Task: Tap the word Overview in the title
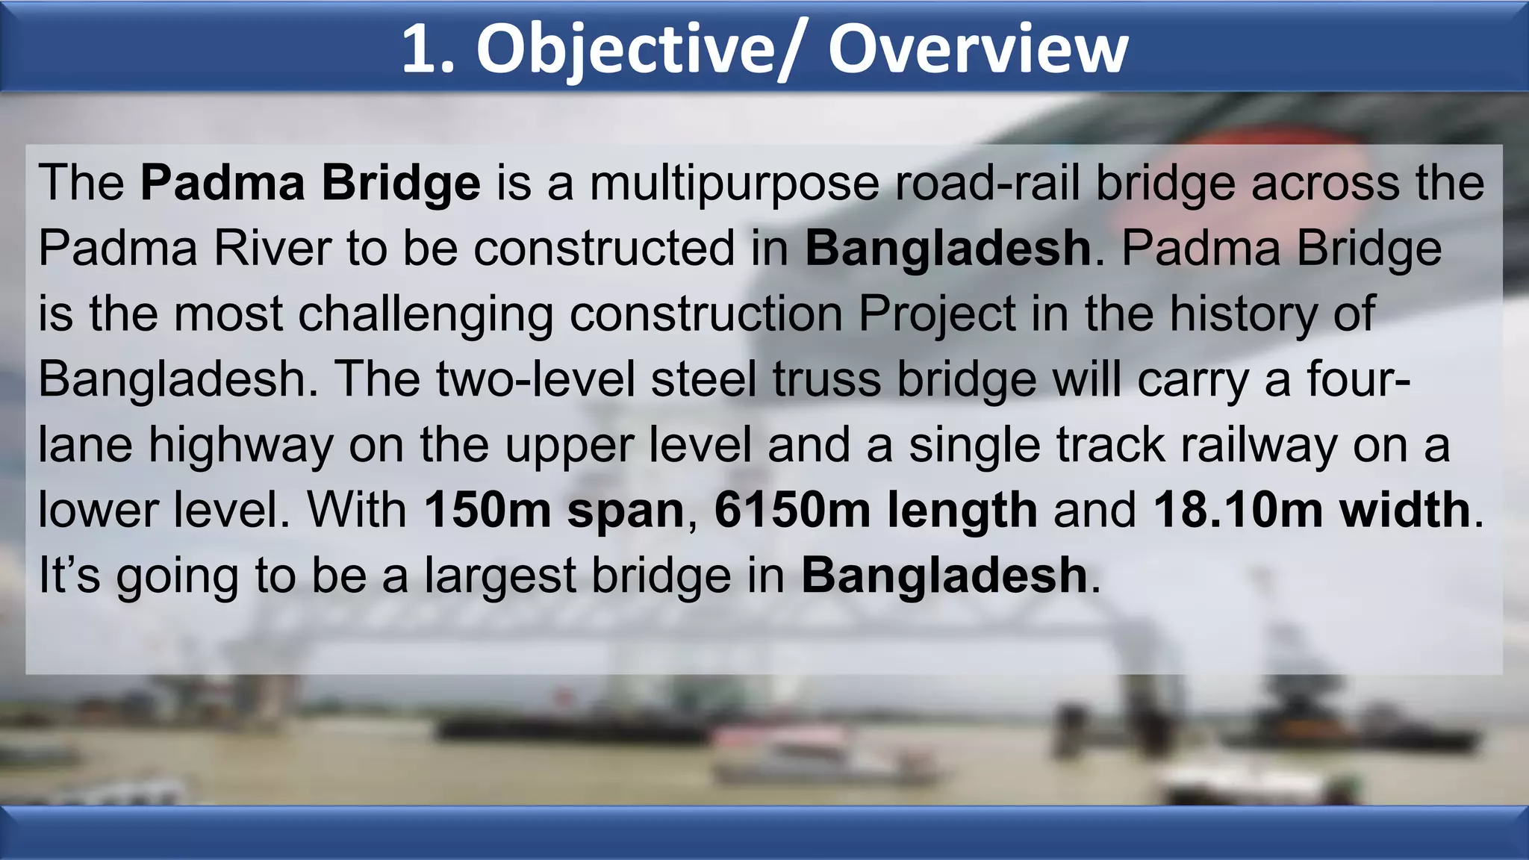978,49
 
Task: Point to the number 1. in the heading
428,49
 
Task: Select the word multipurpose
734,184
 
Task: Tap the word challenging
426,314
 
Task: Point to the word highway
240,446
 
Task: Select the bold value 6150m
792,510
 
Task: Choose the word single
974,446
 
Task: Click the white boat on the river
814,754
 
